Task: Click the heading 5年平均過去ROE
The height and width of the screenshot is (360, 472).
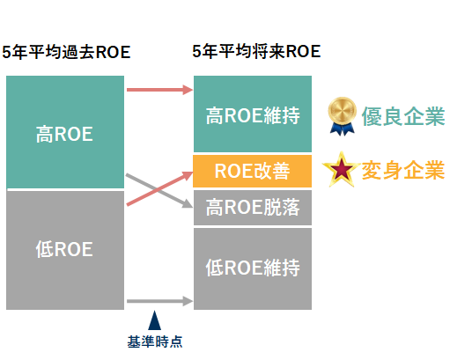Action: point(66,52)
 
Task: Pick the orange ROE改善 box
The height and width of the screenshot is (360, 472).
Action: point(253,170)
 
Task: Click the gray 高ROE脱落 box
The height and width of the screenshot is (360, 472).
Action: point(253,208)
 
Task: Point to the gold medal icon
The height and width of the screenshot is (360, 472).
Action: point(340,114)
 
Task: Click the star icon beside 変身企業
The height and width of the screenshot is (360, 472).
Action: point(340,169)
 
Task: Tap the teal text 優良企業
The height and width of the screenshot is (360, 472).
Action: point(402,115)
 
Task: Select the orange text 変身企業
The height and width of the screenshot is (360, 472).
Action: point(402,169)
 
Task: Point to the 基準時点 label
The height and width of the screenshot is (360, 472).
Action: point(154,342)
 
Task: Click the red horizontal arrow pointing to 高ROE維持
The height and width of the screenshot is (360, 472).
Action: point(159,89)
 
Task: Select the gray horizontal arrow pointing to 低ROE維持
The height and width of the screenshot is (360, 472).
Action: point(159,302)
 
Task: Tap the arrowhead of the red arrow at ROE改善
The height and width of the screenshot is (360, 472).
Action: point(187,175)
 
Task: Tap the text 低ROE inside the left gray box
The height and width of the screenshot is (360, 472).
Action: point(64,248)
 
